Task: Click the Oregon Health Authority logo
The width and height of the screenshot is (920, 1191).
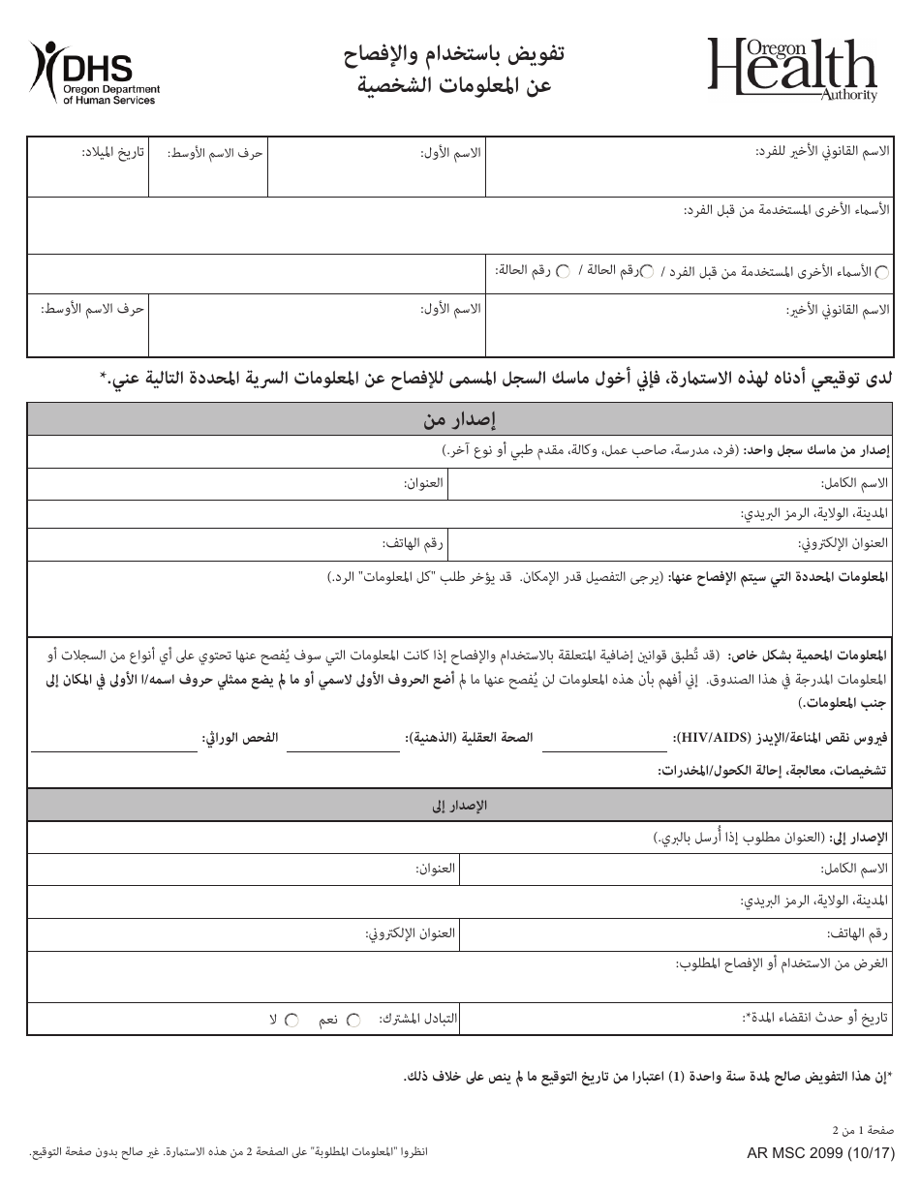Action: click(791, 69)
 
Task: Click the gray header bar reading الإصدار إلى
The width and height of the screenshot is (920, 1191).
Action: click(460, 805)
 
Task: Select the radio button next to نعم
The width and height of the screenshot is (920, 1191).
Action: click(353, 1020)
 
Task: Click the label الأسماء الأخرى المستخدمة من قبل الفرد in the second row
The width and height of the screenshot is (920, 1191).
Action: click(786, 210)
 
